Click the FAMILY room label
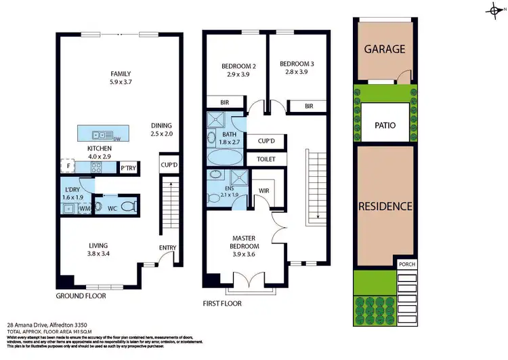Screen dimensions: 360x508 [121, 74]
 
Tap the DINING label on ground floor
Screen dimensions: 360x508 [162, 125]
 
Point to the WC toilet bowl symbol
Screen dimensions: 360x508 [98, 207]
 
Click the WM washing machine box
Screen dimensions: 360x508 [84, 209]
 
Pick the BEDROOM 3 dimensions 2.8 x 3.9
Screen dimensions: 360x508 [295, 72]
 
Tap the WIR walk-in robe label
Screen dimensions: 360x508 [263, 191]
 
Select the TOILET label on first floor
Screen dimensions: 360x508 [266, 159]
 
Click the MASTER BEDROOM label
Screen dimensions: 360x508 [243, 242]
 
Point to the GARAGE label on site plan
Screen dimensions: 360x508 [384, 49]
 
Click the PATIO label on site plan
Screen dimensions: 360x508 [385, 125]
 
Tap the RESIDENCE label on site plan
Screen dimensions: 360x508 [385, 205]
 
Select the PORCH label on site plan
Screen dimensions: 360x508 [406, 264]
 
